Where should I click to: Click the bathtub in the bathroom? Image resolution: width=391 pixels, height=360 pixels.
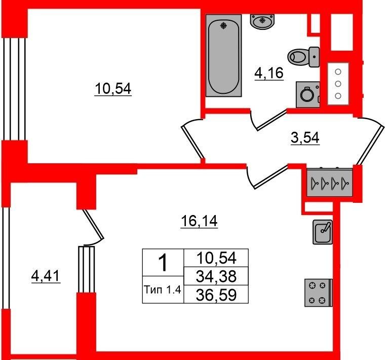(x=224, y=55)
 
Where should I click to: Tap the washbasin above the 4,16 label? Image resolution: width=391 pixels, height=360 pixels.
(x=262, y=22)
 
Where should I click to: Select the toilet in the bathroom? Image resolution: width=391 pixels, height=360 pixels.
(x=303, y=57)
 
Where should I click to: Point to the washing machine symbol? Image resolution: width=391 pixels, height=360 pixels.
(x=308, y=95)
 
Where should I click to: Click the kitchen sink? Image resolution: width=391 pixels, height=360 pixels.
(x=323, y=232)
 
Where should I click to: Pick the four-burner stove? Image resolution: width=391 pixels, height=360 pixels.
(x=319, y=293)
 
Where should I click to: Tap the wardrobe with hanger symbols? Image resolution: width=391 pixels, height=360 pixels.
(x=329, y=183)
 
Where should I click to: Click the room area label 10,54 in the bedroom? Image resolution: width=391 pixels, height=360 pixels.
(x=113, y=89)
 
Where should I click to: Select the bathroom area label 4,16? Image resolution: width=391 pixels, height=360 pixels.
(x=269, y=73)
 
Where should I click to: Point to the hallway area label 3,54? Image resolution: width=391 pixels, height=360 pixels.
(x=305, y=138)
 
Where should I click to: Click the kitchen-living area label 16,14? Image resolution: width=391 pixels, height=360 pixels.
(x=199, y=221)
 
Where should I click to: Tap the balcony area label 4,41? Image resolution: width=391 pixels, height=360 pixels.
(x=46, y=276)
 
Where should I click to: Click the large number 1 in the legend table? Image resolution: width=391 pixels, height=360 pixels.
(x=163, y=262)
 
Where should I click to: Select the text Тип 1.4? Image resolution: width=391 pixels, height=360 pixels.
(x=163, y=290)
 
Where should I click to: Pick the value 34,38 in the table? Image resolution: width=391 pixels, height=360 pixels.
(x=216, y=276)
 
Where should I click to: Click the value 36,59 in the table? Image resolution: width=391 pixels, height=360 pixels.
(x=216, y=295)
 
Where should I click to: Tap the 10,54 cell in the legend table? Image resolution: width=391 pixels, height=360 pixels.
(x=216, y=258)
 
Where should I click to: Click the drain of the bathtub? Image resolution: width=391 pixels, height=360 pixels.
(x=224, y=25)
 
